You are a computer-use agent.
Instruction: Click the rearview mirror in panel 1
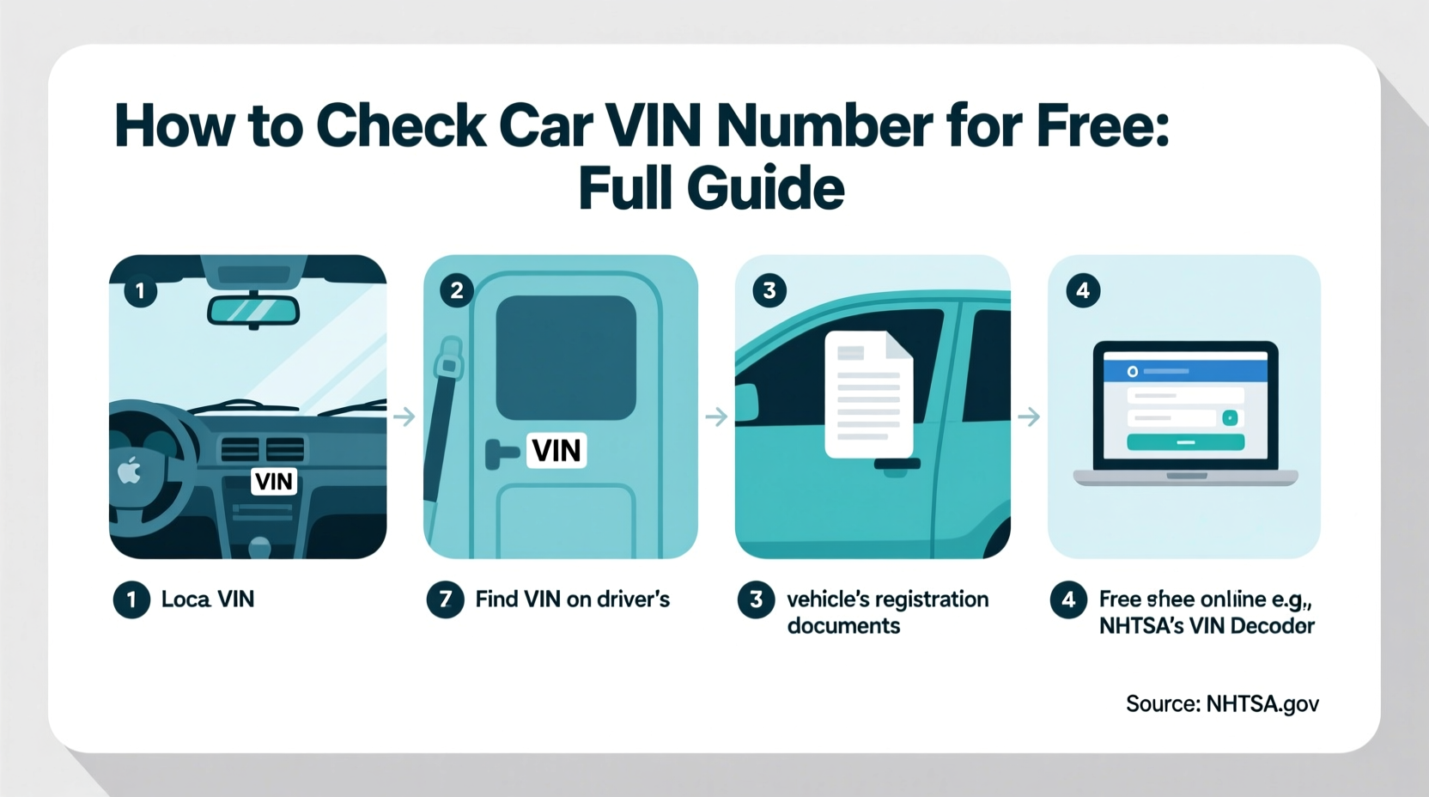pyautogui.click(x=253, y=310)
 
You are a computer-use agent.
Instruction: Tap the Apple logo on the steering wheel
pyautogui.click(x=129, y=471)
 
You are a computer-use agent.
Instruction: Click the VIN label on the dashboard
pyautogui.click(x=274, y=481)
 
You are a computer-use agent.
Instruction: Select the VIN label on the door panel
pyautogui.click(x=556, y=450)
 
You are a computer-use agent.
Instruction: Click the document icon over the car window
pyautogui.click(x=868, y=394)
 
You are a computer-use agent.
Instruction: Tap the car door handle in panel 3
pyautogui.click(x=897, y=465)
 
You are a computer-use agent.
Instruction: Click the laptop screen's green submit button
pyautogui.click(x=1185, y=442)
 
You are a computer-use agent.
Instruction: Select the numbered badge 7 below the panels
pyautogui.click(x=445, y=599)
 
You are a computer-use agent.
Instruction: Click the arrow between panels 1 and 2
pyautogui.click(x=404, y=417)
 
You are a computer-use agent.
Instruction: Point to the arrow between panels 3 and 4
pyautogui.click(x=1029, y=417)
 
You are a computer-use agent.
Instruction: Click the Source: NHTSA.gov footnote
pyautogui.click(x=1221, y=704)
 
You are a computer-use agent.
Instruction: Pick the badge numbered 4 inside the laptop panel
pyautogui.click(x=1083, y=291)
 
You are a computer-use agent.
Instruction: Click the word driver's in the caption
pyautogui.click(x=633, y=599)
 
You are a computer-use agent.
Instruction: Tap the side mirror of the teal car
pyautogui.click(x=745, y=403)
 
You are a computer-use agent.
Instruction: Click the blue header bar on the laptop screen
pyautogui.click(x=1185, y=371)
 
